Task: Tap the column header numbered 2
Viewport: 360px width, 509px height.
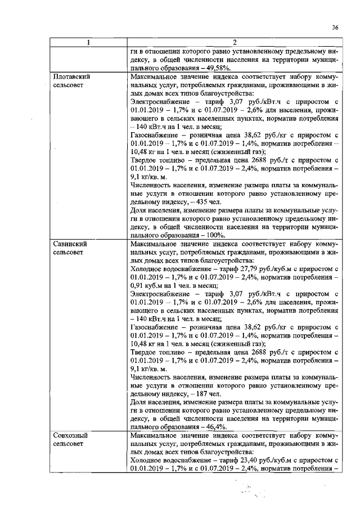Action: (x=234, y=42)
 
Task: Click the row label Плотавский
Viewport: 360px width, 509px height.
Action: (x=71, y=75)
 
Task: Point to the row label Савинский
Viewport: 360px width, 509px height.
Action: (x=70, y=244)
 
